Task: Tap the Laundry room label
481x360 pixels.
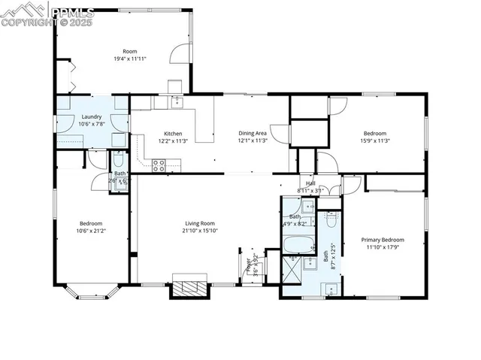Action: [92, 116]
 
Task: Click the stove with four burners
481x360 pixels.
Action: [159, 165]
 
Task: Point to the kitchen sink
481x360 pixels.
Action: [177, 101]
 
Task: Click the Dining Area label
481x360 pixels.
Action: [253, 133]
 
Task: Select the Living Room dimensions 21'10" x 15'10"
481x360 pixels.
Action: [201, 231]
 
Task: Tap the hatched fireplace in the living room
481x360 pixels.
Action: [188, 289]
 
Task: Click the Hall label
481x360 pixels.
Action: [310, 183]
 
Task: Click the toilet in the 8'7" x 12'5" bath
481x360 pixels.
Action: [330, 220]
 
